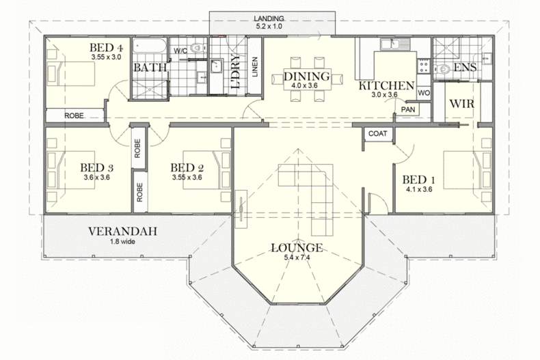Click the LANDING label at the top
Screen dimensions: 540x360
click(x=269, y=18)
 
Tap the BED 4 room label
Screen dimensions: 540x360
click(x=106, y=48)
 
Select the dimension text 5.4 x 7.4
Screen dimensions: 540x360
click(x=297, y=258)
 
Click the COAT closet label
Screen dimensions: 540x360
click(x=378, y=133)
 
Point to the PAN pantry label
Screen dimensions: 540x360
click(x=408, y=109)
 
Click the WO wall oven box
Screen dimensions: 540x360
click(x=424, y=93)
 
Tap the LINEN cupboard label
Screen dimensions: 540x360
click(x=255, y=67)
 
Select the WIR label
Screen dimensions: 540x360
click(x=462, y=104)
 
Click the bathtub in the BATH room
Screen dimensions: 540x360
click(x=150, y=46)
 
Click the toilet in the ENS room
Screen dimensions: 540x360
click(x=442, y=69)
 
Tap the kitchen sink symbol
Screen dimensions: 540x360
click(x=395, y=44)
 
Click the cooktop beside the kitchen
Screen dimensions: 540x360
click(x=423, y=66)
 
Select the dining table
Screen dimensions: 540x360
click(x=307, y=79)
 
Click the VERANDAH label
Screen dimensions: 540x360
click(x=122, y=232)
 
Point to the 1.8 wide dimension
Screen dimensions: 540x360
click(x=122, y=242)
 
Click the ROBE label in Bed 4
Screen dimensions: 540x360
click(x=74, y=115)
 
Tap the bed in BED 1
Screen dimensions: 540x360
click(x=468, y=169)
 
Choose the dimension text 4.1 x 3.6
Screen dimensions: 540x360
click(x=419, y=189)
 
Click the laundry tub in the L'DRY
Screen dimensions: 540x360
click(x=217, y=66)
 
